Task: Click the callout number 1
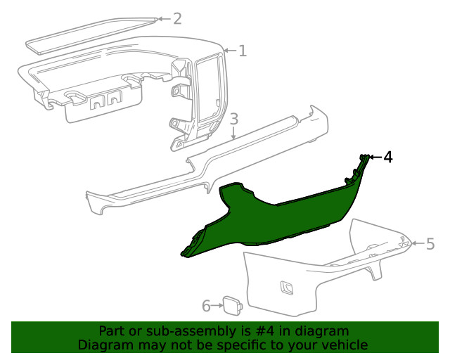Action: click(243, 51)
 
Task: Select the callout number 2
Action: click(177, 19)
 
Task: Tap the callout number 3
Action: click(234, 119)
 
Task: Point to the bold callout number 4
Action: click(387, 157)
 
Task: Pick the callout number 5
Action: click(430, 244)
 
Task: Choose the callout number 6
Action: click(206, 306)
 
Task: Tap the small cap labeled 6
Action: click(233, 306)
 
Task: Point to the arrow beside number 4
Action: click(375, 157)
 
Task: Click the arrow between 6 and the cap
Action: click(217, 306)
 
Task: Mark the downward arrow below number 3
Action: click(234, 133)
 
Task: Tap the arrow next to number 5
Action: click(418, 243)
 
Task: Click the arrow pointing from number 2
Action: click(165, 19)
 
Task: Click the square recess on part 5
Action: click(287, 288)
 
